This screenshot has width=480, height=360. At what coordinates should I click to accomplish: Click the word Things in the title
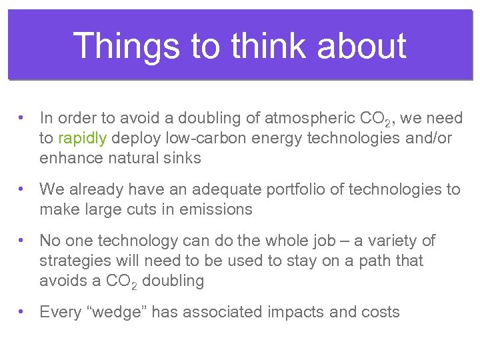point(127,46)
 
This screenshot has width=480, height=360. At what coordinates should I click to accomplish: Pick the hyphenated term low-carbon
point(203,138)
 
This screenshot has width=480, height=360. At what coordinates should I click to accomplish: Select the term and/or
point(427,138)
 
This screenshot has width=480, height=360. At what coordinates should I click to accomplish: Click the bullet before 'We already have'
point(23,189)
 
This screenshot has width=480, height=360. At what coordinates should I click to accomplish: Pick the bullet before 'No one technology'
point(23,240)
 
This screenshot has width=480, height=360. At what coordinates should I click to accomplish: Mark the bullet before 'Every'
point(23,311)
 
